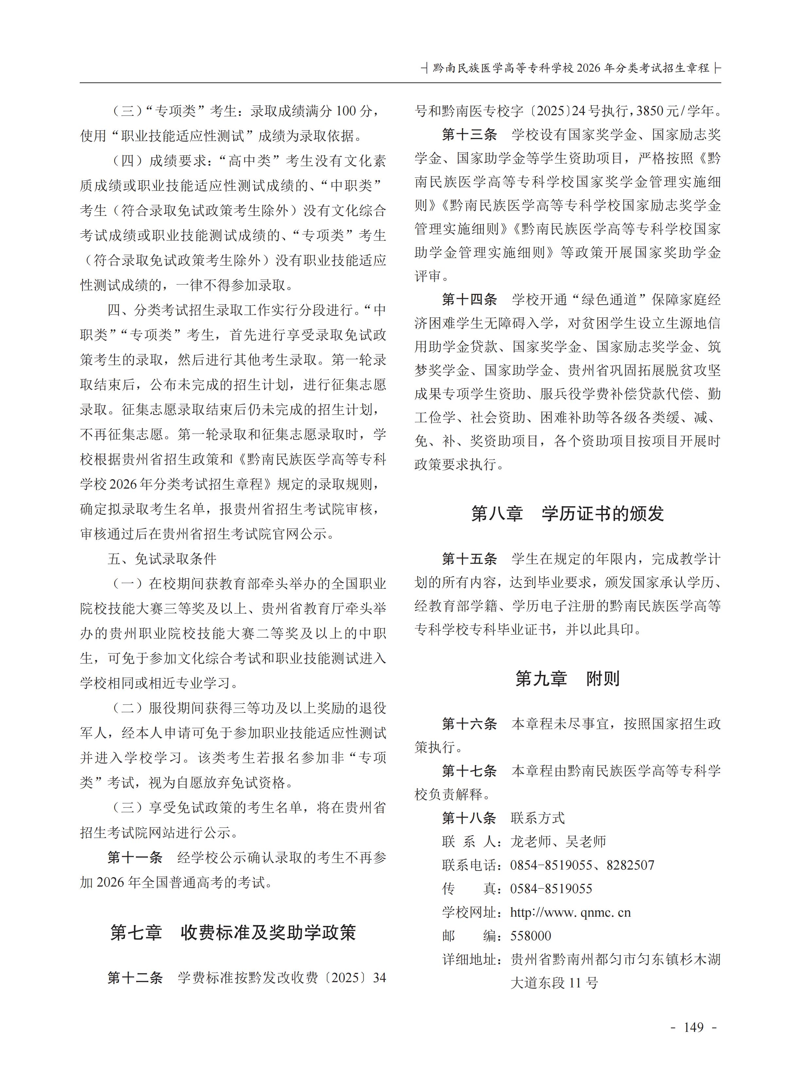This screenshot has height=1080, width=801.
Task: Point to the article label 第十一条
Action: tap(135, 857)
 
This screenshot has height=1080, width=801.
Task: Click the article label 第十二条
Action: tap(135, 977)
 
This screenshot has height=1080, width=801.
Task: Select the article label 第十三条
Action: tap(469, 135)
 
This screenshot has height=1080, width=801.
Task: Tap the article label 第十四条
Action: tap(469, 299)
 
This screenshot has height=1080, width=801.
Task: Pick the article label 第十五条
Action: tap(469, 559)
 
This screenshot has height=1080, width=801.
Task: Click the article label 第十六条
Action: tap(469, 724)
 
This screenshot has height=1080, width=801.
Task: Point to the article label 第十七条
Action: tap(469, 771)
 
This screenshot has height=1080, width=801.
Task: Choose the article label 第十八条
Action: tap(469, 818)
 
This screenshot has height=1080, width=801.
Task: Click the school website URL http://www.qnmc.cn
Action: tap(570, 913)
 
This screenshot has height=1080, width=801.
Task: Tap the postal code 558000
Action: tap(531, 936)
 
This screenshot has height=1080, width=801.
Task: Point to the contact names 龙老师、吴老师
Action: tap(558, 842)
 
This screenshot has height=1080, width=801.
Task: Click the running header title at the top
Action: tap(571, 68)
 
